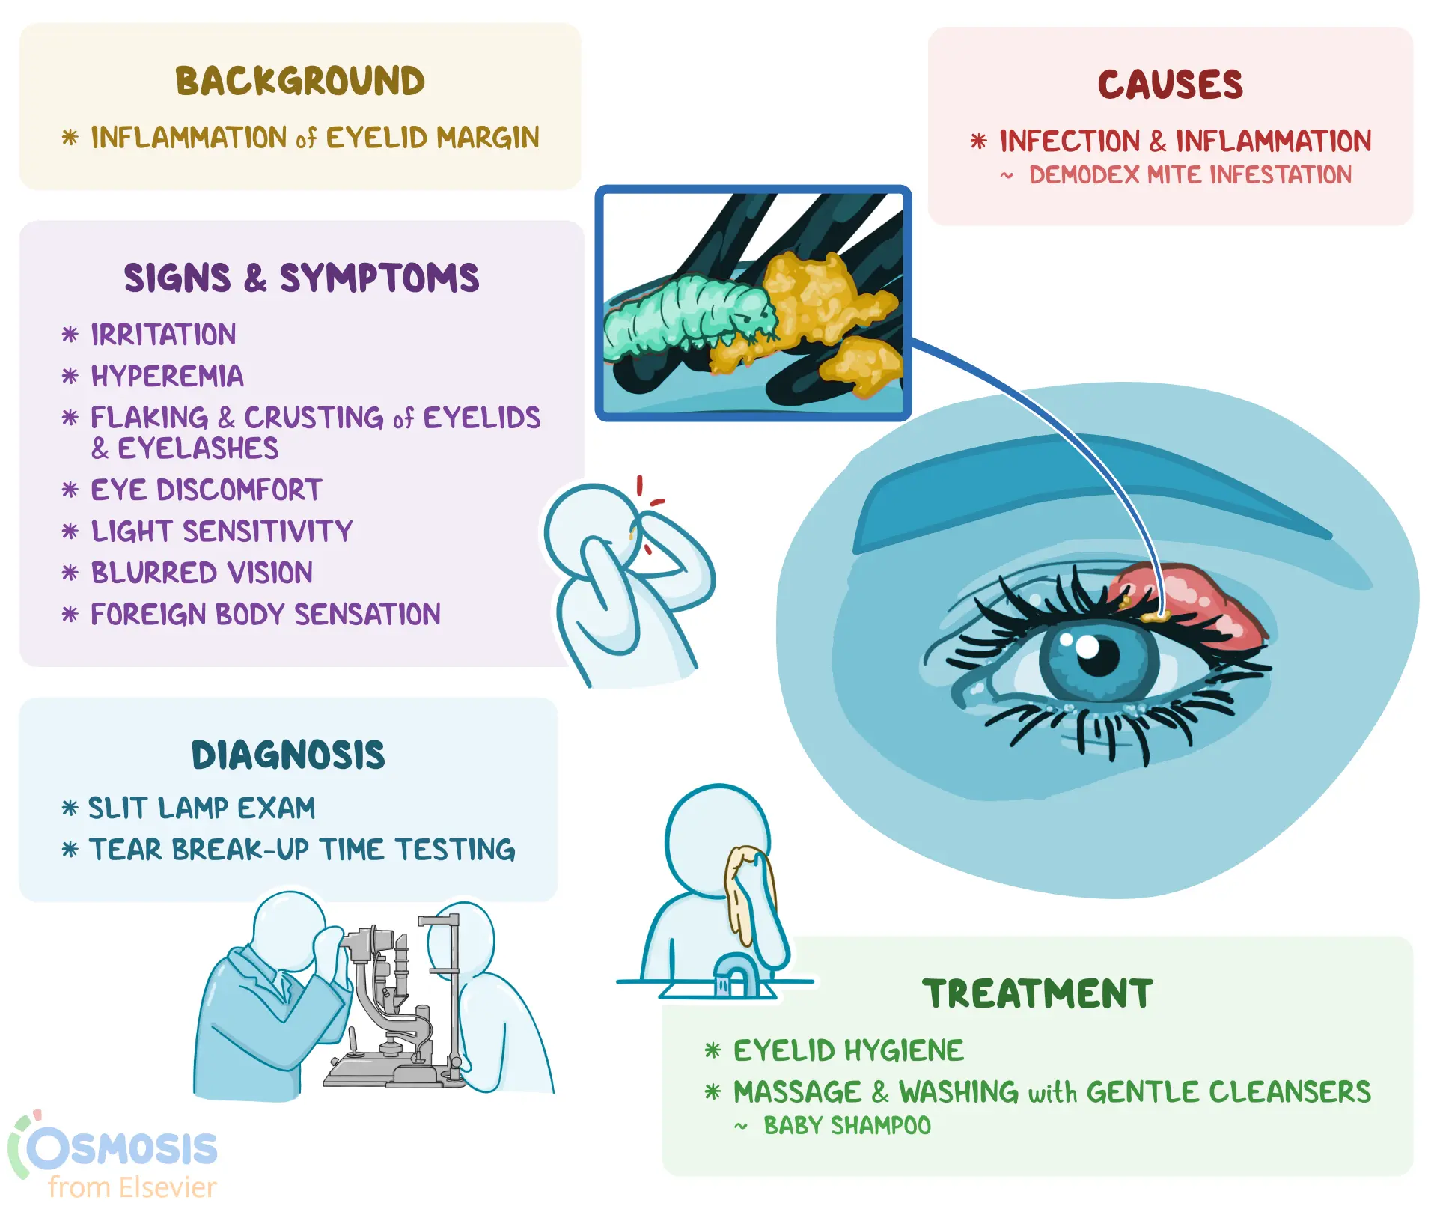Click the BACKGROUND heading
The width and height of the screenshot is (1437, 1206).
pos(299,82)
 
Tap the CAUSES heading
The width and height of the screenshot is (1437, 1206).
pos(1170,85)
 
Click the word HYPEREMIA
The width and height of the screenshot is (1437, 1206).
pos(167,376)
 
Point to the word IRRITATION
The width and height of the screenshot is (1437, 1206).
pos(163,335)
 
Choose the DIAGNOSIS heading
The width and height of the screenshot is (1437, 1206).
pos(288,755)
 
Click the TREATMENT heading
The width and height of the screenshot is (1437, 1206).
pos(1037,994)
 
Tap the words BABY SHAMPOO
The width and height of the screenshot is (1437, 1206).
pos(846,1126)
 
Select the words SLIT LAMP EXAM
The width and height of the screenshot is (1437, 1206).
pos(201,808)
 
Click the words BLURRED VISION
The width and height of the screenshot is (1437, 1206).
pos(201,573)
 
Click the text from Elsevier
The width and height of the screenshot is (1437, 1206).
pos(132,1187)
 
